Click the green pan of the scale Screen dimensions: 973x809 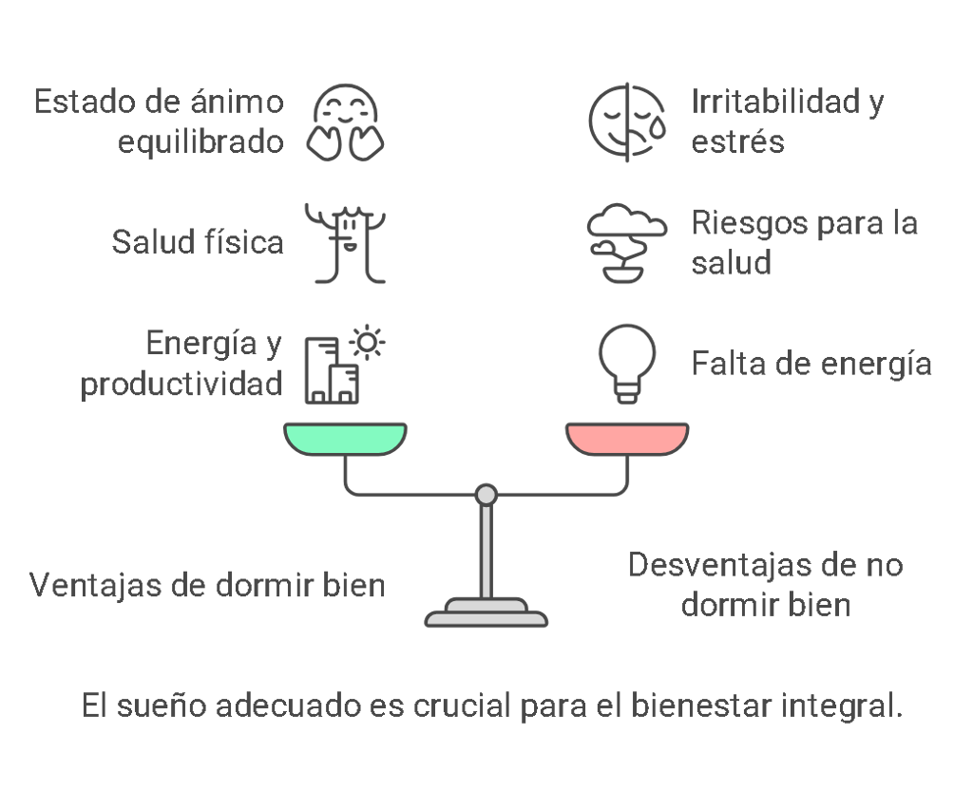(346, 439)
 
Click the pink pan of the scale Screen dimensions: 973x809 (627, 439)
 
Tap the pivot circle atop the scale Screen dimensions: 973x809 (486, 494)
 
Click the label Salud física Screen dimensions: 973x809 (198, 242)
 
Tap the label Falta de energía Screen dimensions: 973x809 (811, 364)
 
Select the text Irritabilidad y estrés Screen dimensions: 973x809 (787, 122)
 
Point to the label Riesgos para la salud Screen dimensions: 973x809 (804, 242)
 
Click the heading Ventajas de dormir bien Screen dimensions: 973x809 (207, 584)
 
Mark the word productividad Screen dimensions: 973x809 (181, 384)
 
